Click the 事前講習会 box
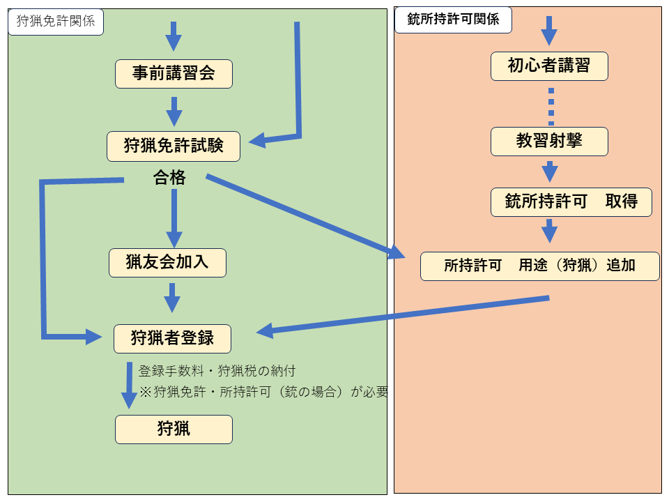click(174, 73)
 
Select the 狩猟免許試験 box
click(174, 146)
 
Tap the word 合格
click(169, 178)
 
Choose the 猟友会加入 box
click(168, 263)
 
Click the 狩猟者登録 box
click(172, 339)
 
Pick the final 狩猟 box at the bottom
click(174, 429)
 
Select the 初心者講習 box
click(549, 66)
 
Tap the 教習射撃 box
click(549, 142)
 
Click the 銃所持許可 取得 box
click(571, 202)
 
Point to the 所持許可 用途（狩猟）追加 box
click(539, 266)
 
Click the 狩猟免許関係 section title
click(56, 22)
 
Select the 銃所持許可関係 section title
click(453, 20)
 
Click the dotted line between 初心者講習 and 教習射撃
click(551, 107)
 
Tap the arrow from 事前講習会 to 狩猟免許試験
click(174, 111)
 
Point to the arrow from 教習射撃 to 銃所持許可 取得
click(550, 172)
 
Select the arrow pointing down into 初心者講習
click(549, 31)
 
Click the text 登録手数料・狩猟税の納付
click(222, 371)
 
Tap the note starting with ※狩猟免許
click(263, 392)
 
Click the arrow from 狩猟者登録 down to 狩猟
click(130, 384)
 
